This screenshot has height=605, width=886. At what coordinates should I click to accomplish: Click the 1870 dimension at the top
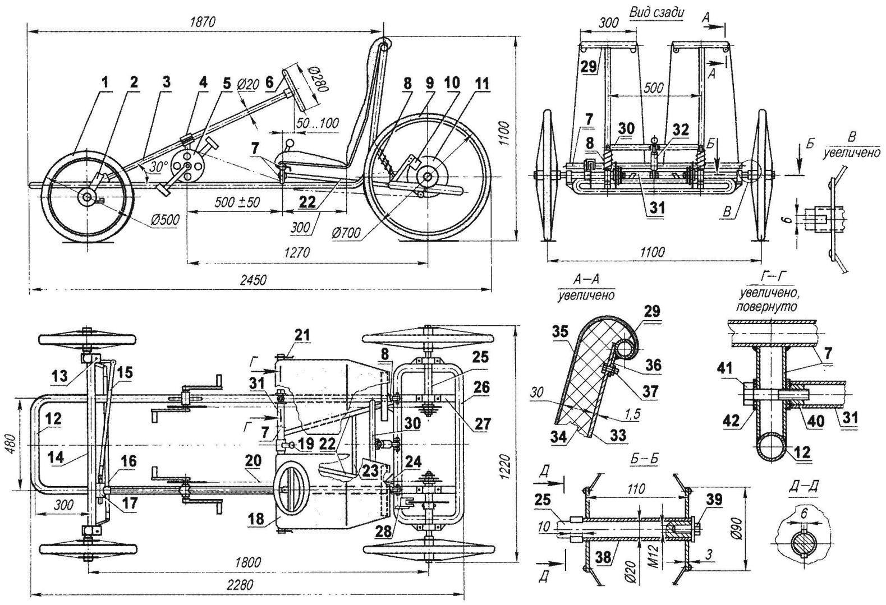click(x=203, y=21)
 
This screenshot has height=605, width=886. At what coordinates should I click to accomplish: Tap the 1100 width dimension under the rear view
click(x=652, y=252)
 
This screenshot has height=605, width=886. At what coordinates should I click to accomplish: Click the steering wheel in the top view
click(x=297, y=482)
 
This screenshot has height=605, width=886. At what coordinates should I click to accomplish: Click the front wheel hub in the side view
click(x=88, y=197)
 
